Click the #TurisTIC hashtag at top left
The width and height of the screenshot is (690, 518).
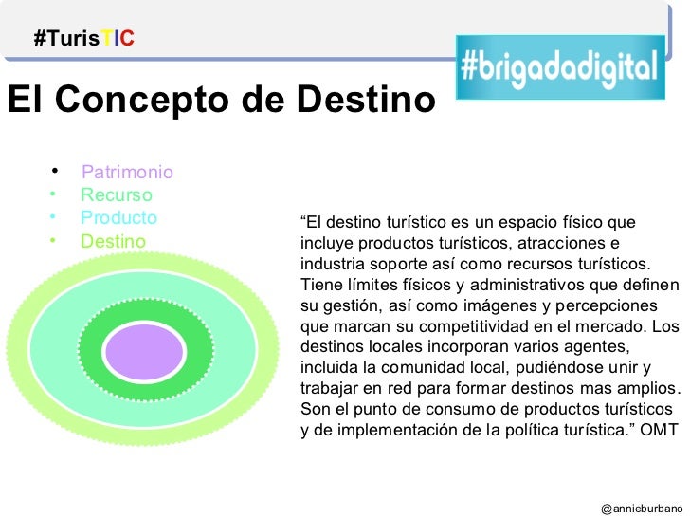(x=83, y=39)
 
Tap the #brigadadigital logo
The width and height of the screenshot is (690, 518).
(x=558, y=66)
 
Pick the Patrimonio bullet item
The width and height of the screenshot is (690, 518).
(x=127, y=173)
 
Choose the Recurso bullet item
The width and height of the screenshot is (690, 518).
(x=117, y=195)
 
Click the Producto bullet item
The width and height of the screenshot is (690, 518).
(x=118, y=218)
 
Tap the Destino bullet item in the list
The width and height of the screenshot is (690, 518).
(x=114, y=241)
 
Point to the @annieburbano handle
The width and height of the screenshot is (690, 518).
(x=641, y=509)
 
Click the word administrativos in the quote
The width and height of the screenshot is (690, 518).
(x=508, y=286)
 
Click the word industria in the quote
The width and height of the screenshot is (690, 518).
(x=331, y=265)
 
